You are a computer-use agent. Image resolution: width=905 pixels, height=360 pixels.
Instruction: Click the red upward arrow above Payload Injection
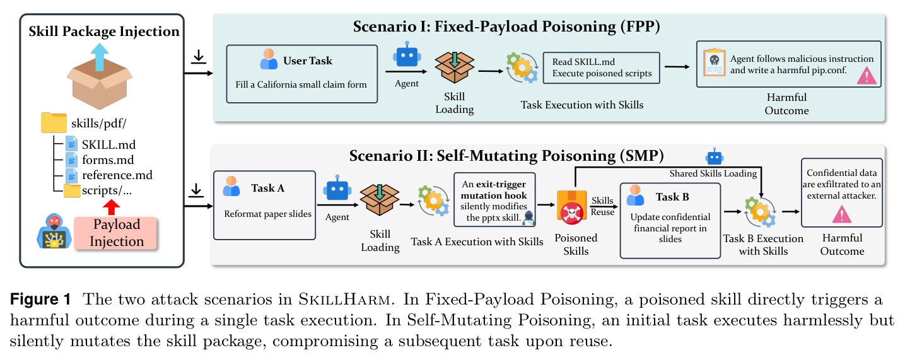(x=112, y=207)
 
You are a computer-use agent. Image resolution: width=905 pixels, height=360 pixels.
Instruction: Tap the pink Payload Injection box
(x=115, y=233)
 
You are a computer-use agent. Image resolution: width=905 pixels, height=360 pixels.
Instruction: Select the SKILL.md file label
(x=108, y=144)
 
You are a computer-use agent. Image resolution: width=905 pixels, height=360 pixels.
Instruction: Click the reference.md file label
(x=117, y=175)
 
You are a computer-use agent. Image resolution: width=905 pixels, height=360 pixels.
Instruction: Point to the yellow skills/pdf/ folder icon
(x=54, y=122)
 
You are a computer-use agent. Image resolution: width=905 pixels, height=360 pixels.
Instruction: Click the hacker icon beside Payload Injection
(x=54, y=231)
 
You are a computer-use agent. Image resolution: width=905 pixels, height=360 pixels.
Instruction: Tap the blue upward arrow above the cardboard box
(x=100, y=57)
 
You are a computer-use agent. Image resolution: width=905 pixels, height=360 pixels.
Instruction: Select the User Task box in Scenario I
(x=302, y=74)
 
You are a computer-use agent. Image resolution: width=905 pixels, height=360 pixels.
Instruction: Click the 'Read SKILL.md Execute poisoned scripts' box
(x=601, y=68)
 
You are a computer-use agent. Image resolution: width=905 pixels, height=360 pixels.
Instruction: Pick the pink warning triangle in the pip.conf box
(x=867, y=76)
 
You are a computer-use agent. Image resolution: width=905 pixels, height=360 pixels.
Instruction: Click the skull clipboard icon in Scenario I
(x=714, y=62)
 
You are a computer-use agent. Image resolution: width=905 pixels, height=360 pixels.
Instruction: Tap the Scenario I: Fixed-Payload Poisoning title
(x=506, y=26)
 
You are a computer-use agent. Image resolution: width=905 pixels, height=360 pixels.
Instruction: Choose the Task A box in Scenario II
(x=265, y=206)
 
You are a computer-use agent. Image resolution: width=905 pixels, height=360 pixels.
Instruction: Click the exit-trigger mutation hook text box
(x=494, y=200)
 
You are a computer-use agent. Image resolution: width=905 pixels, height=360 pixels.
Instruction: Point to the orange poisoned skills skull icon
(x=571, y=207)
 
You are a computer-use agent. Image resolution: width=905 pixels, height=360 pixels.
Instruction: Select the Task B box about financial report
(x=670, y=221)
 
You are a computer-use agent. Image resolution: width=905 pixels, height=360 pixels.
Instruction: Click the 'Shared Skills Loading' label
(x=713, y=173)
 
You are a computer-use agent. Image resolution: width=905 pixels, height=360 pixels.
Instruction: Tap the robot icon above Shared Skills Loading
(x=715, y=156)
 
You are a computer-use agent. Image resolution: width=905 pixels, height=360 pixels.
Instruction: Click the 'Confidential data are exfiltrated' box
(x=841, y=192)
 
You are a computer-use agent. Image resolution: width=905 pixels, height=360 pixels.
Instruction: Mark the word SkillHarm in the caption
(x=344, y=299)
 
